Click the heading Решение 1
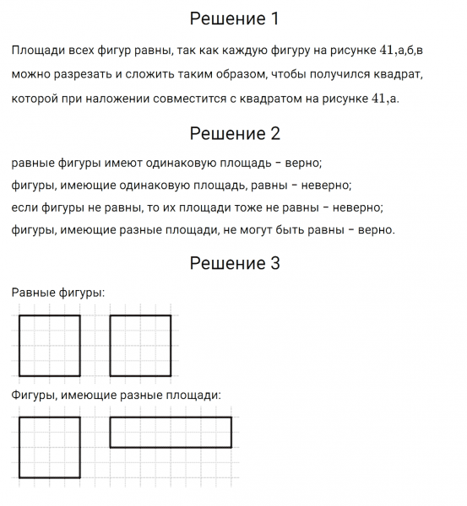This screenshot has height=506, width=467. pos(234,19)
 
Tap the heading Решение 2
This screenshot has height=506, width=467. pos(234,133)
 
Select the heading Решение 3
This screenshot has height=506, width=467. pos(234,264)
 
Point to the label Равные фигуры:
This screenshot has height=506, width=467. pos(58,293)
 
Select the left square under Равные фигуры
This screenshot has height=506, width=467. pos(50,346)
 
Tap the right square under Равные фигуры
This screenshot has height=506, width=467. pos(140,346)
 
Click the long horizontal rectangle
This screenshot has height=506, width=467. pos(171,432)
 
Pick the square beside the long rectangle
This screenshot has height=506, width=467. pos(50,448)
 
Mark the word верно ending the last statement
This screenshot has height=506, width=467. pos(376,229)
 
